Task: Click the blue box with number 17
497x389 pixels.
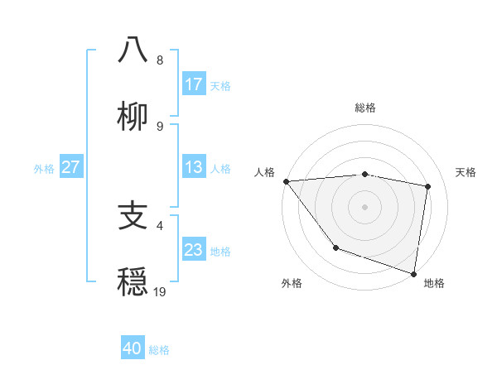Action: coord(194,84)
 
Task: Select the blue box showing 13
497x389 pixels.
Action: coord(194,167)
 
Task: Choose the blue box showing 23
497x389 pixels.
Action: coord(194,250)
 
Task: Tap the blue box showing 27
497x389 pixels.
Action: coord(70,167)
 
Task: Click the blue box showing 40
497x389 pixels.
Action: coord(133,348)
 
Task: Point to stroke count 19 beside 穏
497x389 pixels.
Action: coord(160,291)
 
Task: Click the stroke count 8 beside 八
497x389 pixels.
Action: coord(160,60)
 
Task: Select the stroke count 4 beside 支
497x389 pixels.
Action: coord(160,225)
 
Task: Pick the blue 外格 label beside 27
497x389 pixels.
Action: coord(44,168)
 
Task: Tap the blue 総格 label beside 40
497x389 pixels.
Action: coord(159,349)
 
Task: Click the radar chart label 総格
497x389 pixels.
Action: coord(364,108)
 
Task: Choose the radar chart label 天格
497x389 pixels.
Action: coord(466,172)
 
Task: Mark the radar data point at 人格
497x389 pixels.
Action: coord(286,181)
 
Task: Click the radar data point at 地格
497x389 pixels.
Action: coord(413,273)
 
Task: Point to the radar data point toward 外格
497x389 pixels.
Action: coord(335,247)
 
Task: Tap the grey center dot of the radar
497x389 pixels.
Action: coord(364,207)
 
